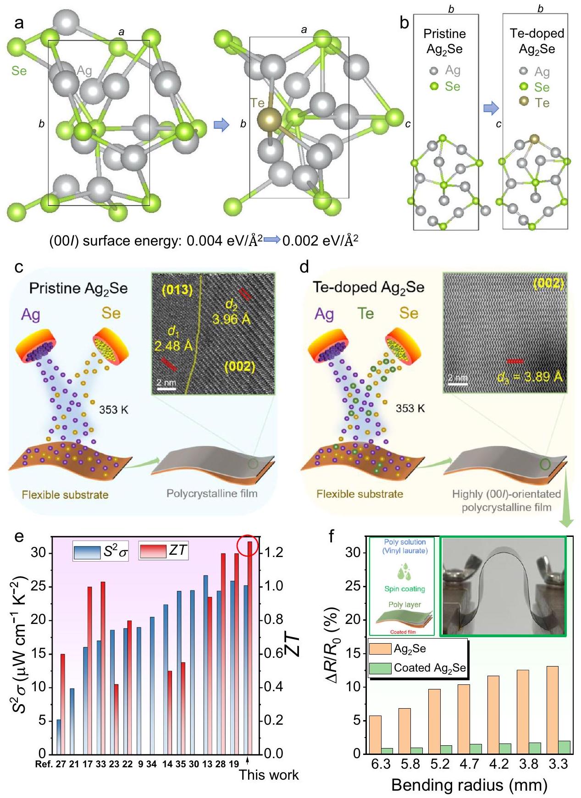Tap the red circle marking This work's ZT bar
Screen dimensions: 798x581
(x=248, y=546)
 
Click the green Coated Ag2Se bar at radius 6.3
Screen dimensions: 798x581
(x=387, y=751)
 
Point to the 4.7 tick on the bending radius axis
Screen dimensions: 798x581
(x=469, y=764)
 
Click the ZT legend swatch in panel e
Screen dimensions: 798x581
(x=153, y=551)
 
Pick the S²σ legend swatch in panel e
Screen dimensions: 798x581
(x=86, y=552)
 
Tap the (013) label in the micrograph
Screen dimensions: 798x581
(x=177, y=290)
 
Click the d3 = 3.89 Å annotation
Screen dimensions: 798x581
(x=529, y=377)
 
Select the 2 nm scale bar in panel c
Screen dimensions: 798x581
(x=166, y=389)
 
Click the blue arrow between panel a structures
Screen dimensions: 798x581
(x=221, y=125)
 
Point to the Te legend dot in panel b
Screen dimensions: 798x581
(x=524, y=102)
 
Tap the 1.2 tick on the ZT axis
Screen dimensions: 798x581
(x=273, y=552)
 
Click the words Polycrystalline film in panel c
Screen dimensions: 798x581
(x=211, y=493)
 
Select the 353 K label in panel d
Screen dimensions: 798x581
(x=410, y=408)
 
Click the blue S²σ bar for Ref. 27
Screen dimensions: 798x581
(x=59, y=737)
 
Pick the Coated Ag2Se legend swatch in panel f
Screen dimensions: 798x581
(x=380, y=668)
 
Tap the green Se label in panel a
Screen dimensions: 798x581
(x=19, y=71)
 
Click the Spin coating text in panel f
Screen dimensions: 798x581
(x=404, y=589)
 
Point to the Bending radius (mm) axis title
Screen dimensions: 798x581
(x=469, y=785)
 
